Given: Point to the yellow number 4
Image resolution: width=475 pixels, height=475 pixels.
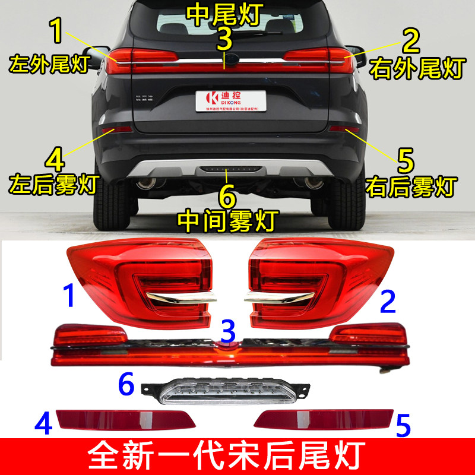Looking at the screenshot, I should [54, 159].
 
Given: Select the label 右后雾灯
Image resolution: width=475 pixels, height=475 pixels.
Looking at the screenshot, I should [411, 186].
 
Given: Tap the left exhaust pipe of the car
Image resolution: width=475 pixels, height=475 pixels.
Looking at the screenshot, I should [146, 182].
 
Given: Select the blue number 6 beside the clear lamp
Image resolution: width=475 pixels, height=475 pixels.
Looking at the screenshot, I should [125, 385].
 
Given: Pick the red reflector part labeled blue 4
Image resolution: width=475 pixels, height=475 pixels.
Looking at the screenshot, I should [125, 419].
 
